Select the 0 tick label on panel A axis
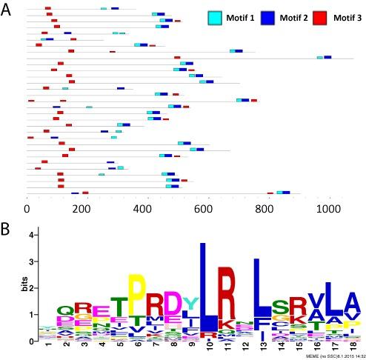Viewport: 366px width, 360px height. tap(27, 210)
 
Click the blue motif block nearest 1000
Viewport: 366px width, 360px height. tap(327, 57)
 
